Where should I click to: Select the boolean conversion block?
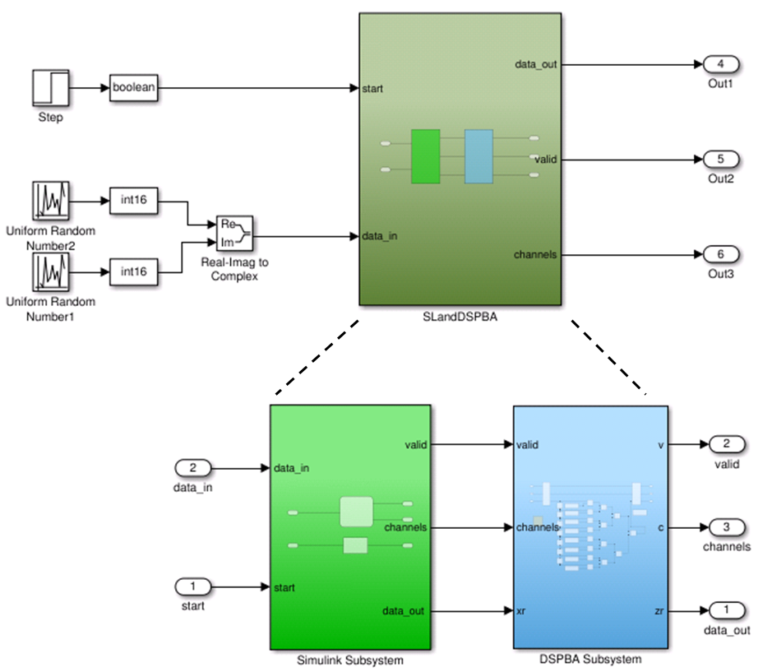click(133, 88)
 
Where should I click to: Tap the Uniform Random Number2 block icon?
click(50, 200)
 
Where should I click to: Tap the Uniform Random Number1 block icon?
click(50, 271)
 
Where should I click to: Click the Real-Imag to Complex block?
click(235, 234)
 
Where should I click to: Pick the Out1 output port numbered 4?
click(722, 64)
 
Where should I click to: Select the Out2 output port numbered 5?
click(722, 159)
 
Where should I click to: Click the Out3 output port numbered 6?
click(722, 254)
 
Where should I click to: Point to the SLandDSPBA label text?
click(460, 317)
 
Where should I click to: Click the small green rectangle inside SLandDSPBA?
click(426, 156)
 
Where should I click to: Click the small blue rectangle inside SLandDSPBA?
click(478, 156)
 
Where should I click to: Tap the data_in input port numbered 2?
click(194, 468)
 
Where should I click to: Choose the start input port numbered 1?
click(194, 587)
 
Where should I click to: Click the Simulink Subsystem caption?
click(350, 660)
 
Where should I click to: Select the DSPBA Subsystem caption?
click(590, 660)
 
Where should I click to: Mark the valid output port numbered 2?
click(726, 445)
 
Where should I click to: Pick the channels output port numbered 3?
click(726, 527)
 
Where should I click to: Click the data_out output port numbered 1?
click(726, 610)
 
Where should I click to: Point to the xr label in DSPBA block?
click(522, 610)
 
